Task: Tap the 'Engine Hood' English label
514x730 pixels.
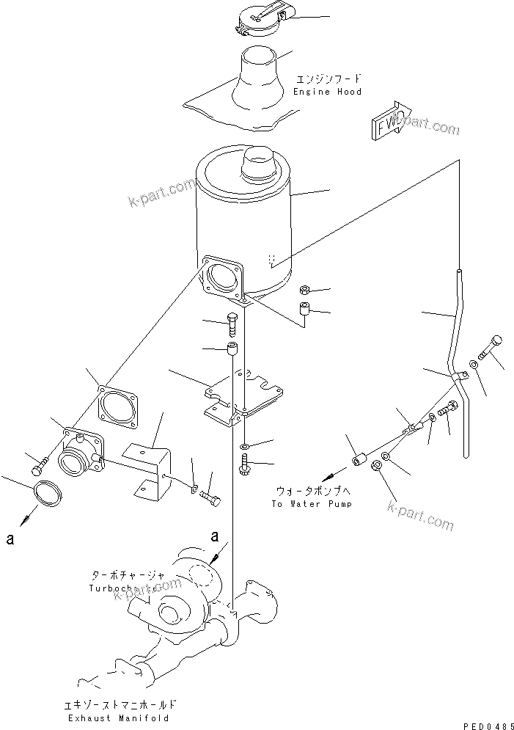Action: (x=327, y=92)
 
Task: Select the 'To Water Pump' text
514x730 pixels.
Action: (x=311, y=504)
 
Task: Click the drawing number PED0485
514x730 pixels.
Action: (x=484, y=724)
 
